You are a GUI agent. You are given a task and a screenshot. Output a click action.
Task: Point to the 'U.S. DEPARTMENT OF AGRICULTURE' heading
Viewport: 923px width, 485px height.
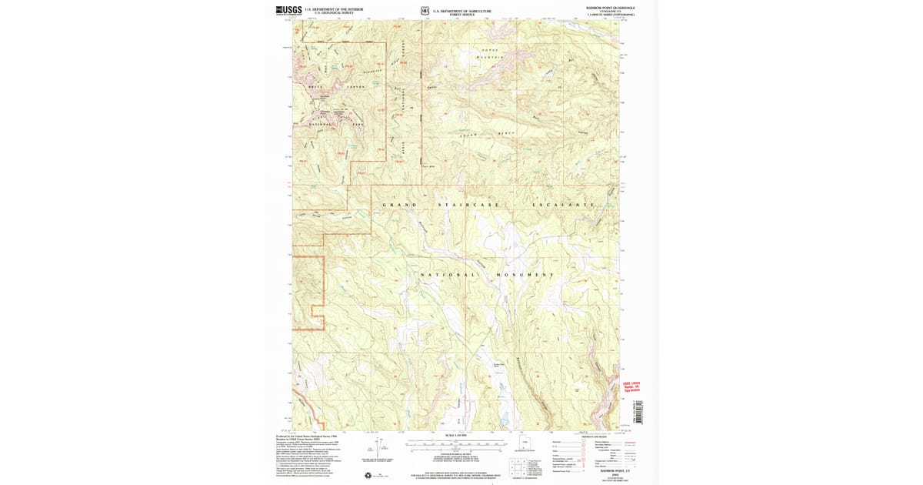(x=461, y=10)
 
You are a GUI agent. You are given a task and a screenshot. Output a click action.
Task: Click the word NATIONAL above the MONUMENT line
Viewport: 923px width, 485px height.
(x=446, y=275)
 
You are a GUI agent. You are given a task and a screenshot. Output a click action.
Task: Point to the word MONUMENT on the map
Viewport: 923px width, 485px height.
(x=525, y=275)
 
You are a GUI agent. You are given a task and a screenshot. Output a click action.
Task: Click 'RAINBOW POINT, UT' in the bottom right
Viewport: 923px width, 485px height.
(x=607, y=470)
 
